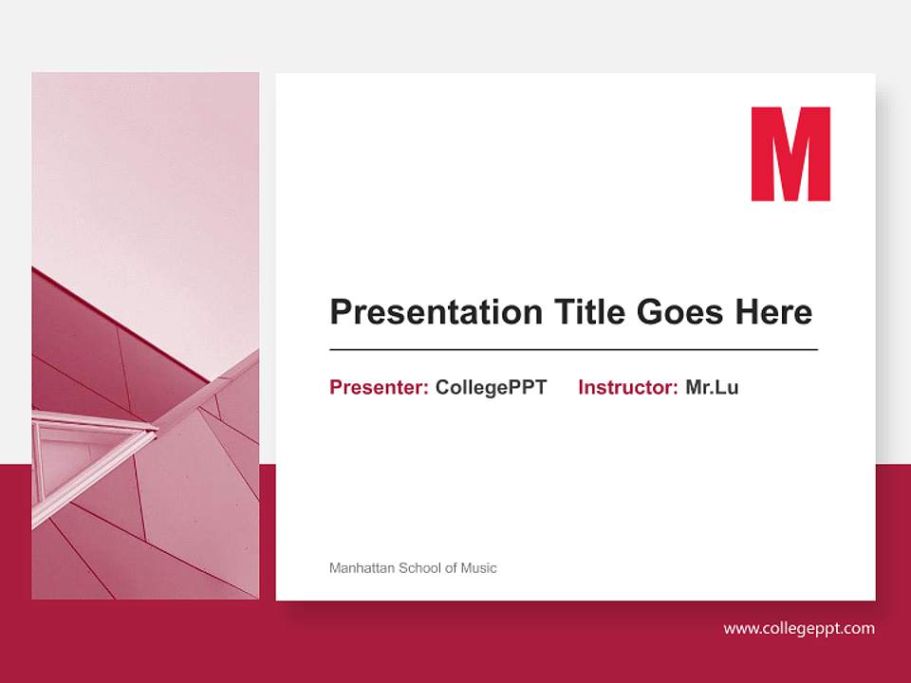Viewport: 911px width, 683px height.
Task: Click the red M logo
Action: [x=790, y=154]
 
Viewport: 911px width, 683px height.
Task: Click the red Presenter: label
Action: [x=379, y=387]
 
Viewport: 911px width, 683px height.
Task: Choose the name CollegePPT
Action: [x=491, y=387]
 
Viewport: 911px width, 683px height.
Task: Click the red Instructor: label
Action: [x=627, y=387]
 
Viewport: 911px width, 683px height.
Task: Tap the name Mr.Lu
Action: [x=712, y=387]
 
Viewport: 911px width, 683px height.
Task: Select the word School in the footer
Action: [x=419, y=568]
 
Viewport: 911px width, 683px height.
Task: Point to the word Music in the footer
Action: [x=479, y=568]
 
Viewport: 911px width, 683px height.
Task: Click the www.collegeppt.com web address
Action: [x=799, y=628]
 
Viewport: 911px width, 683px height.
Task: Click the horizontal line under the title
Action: [x=573, y=349]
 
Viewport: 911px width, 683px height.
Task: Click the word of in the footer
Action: [x=451, y=568]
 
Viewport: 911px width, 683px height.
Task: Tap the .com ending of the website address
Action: [x=858, y=628]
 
